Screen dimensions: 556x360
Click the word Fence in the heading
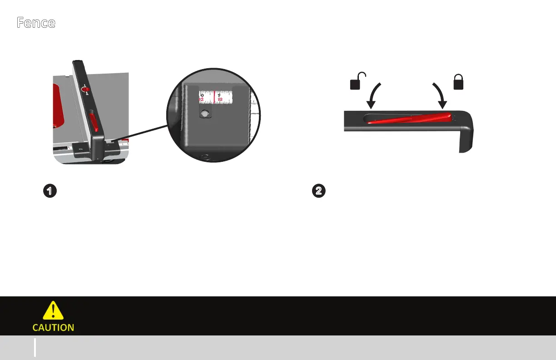(36, 23)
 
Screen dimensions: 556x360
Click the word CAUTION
(53, 327)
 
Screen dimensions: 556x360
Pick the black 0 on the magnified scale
(202, 95)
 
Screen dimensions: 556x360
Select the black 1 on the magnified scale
(219, 95)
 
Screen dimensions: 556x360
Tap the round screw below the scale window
(205, 114)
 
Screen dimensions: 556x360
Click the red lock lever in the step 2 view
(409, 118)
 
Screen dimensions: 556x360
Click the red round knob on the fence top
(85, 90)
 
